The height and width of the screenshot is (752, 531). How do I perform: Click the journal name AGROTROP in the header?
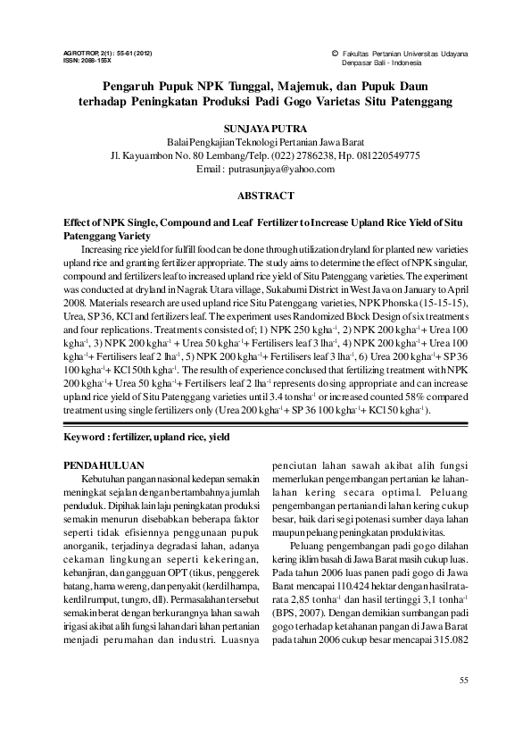click(x=85, y=54)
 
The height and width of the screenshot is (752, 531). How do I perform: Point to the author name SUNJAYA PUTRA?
click(x=264, y=130)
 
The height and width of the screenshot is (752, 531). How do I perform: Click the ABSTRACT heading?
click(x=265, y=194)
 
